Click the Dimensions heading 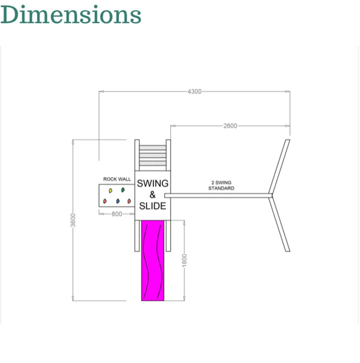tap(71, 15)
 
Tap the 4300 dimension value tap(194, 92)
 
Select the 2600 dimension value tap(230, 126)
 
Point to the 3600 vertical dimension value tap(73, 220)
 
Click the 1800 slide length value tap(184, 260)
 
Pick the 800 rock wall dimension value tap(117, 214)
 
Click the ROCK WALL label tap(117, 179)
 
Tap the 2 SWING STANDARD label tap(221, 185)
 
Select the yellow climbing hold tap(110, 191)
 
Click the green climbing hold tap(123, 190)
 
